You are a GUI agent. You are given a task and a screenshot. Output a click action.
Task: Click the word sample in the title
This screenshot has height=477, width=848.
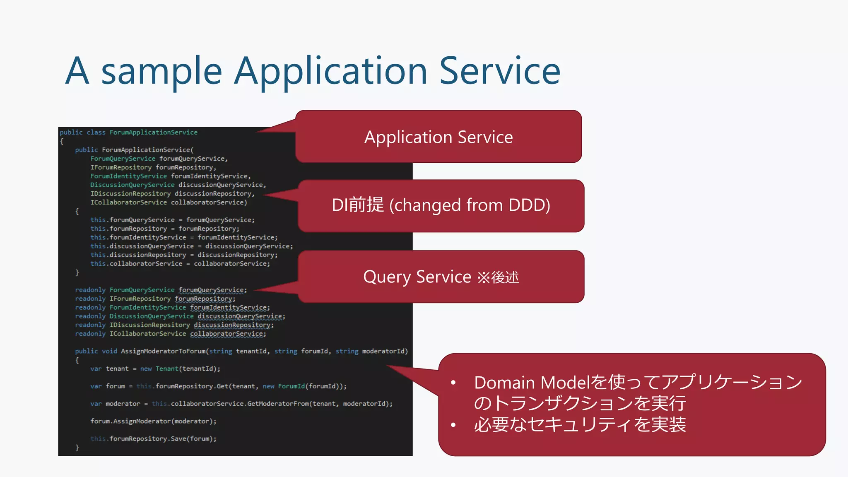pos(161,71)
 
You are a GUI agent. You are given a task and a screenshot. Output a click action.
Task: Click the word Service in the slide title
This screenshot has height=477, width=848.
pos(499,71)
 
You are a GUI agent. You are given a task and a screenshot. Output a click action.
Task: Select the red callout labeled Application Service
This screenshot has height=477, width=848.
pos(438,137)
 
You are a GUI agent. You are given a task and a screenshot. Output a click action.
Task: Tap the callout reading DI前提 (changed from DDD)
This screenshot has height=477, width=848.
pos(441,205)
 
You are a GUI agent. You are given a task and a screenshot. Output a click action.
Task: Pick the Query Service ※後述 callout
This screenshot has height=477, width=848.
pos(441,277)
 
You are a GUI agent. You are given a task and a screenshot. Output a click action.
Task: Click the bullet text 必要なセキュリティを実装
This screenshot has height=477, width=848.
pos(580,425)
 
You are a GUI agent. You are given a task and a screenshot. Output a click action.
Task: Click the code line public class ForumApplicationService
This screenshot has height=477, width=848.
pos(129,132)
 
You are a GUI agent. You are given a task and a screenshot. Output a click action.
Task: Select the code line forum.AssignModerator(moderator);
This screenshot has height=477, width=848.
pos(154,421)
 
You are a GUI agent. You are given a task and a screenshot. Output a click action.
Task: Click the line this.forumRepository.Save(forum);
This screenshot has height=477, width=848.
pos(154,439)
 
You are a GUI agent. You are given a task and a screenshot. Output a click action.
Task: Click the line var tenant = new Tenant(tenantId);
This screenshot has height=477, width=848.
pos(155,369)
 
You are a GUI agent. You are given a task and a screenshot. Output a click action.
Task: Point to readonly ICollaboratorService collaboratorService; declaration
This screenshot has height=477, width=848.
pos(171,334)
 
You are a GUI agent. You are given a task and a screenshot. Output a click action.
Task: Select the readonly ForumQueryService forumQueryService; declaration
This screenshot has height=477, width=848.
pos(161,290)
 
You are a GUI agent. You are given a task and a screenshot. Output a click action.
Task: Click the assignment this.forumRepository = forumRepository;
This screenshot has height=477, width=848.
pos(165,229)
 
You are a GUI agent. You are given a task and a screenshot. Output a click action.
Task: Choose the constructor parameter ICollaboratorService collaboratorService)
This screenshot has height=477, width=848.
pos(169,202)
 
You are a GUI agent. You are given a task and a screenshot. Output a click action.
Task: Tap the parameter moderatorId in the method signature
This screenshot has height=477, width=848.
pos(383,351)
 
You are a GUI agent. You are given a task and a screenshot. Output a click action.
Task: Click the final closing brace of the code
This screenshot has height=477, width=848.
pos(77,448)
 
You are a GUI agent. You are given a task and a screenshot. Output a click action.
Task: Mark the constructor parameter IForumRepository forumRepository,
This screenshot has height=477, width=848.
pos(153,167)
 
